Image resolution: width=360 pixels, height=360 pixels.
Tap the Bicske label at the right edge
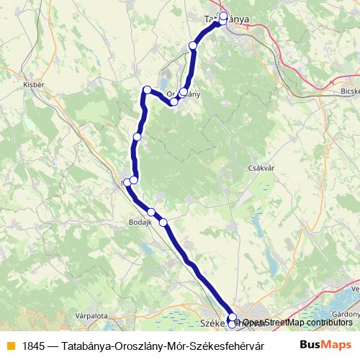pos(348,93)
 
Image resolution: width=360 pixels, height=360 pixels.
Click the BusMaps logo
pos(325,345)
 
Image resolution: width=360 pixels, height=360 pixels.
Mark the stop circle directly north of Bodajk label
pos(151,212)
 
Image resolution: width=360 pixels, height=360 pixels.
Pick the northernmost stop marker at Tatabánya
pos(224,15)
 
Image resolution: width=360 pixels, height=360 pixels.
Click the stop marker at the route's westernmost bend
pos(127,181)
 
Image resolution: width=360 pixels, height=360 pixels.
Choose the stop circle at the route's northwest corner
pos(147,90)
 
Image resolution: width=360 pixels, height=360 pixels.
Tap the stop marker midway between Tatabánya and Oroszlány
pos(192,46)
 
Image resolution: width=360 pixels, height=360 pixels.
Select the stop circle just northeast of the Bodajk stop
pos(163,222)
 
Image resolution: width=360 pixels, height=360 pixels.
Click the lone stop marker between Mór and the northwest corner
pos(137,137)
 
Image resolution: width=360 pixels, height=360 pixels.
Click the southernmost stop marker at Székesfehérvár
pos(232,324)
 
